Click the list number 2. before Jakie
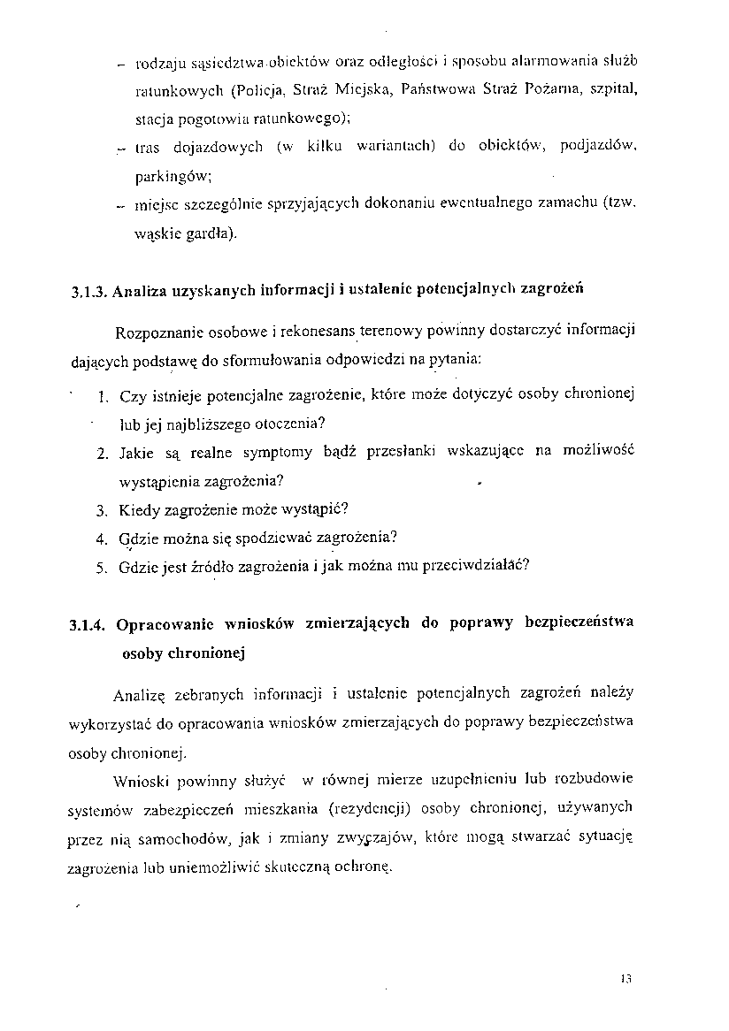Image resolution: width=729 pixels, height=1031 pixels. [x=103, y=454]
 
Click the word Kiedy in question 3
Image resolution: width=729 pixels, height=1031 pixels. [x=140, y=510]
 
